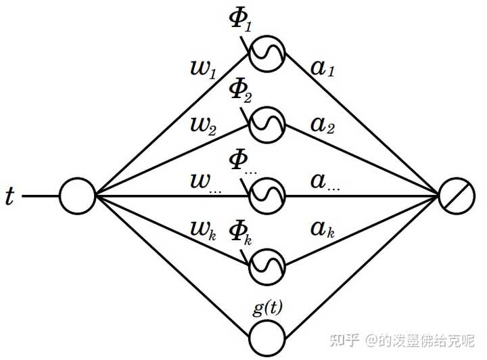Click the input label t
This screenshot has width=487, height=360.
[10, 196]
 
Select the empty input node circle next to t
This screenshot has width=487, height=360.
[77, 196]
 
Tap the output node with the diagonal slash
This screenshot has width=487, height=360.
[457, 196]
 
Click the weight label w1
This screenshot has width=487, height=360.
[203, 70]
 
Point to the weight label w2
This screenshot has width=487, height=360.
[203, 127]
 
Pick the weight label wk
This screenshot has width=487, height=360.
[203, 231]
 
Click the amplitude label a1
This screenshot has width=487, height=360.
[323, 68]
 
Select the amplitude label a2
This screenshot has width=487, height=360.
[323, 125]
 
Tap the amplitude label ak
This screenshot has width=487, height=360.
[323, 229]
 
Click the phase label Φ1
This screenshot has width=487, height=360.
[240, 21]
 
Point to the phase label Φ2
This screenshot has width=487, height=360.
[240, 92]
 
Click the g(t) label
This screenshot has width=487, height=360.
[268, 309]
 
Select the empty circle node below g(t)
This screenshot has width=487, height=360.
[267, 338]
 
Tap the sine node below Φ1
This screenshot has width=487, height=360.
[267, 54]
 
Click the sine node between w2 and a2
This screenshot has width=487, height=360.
[267, 125]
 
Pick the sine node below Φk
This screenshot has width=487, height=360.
[267, 267]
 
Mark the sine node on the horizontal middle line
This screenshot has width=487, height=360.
[267, 196]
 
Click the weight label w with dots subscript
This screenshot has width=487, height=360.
[206, 183]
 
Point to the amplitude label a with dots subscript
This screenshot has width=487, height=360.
[325, 182]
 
